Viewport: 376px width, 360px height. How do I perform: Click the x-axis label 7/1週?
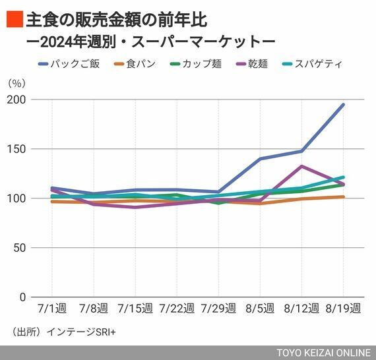pyautogui.click(x=51, y=308)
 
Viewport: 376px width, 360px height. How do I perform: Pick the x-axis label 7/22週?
pyautogui.click(x=177, y=308)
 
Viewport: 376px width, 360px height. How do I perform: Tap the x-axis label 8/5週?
pyautogui.click(x=260, y=308)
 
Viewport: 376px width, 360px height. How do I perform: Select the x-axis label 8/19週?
pyautogui.click(x=344, y=308)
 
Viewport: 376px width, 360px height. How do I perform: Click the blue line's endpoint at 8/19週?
pyautogui.click(x=344, y=105)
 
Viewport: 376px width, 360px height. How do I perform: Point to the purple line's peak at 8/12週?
pyautogui.click(x=301, y=166)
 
